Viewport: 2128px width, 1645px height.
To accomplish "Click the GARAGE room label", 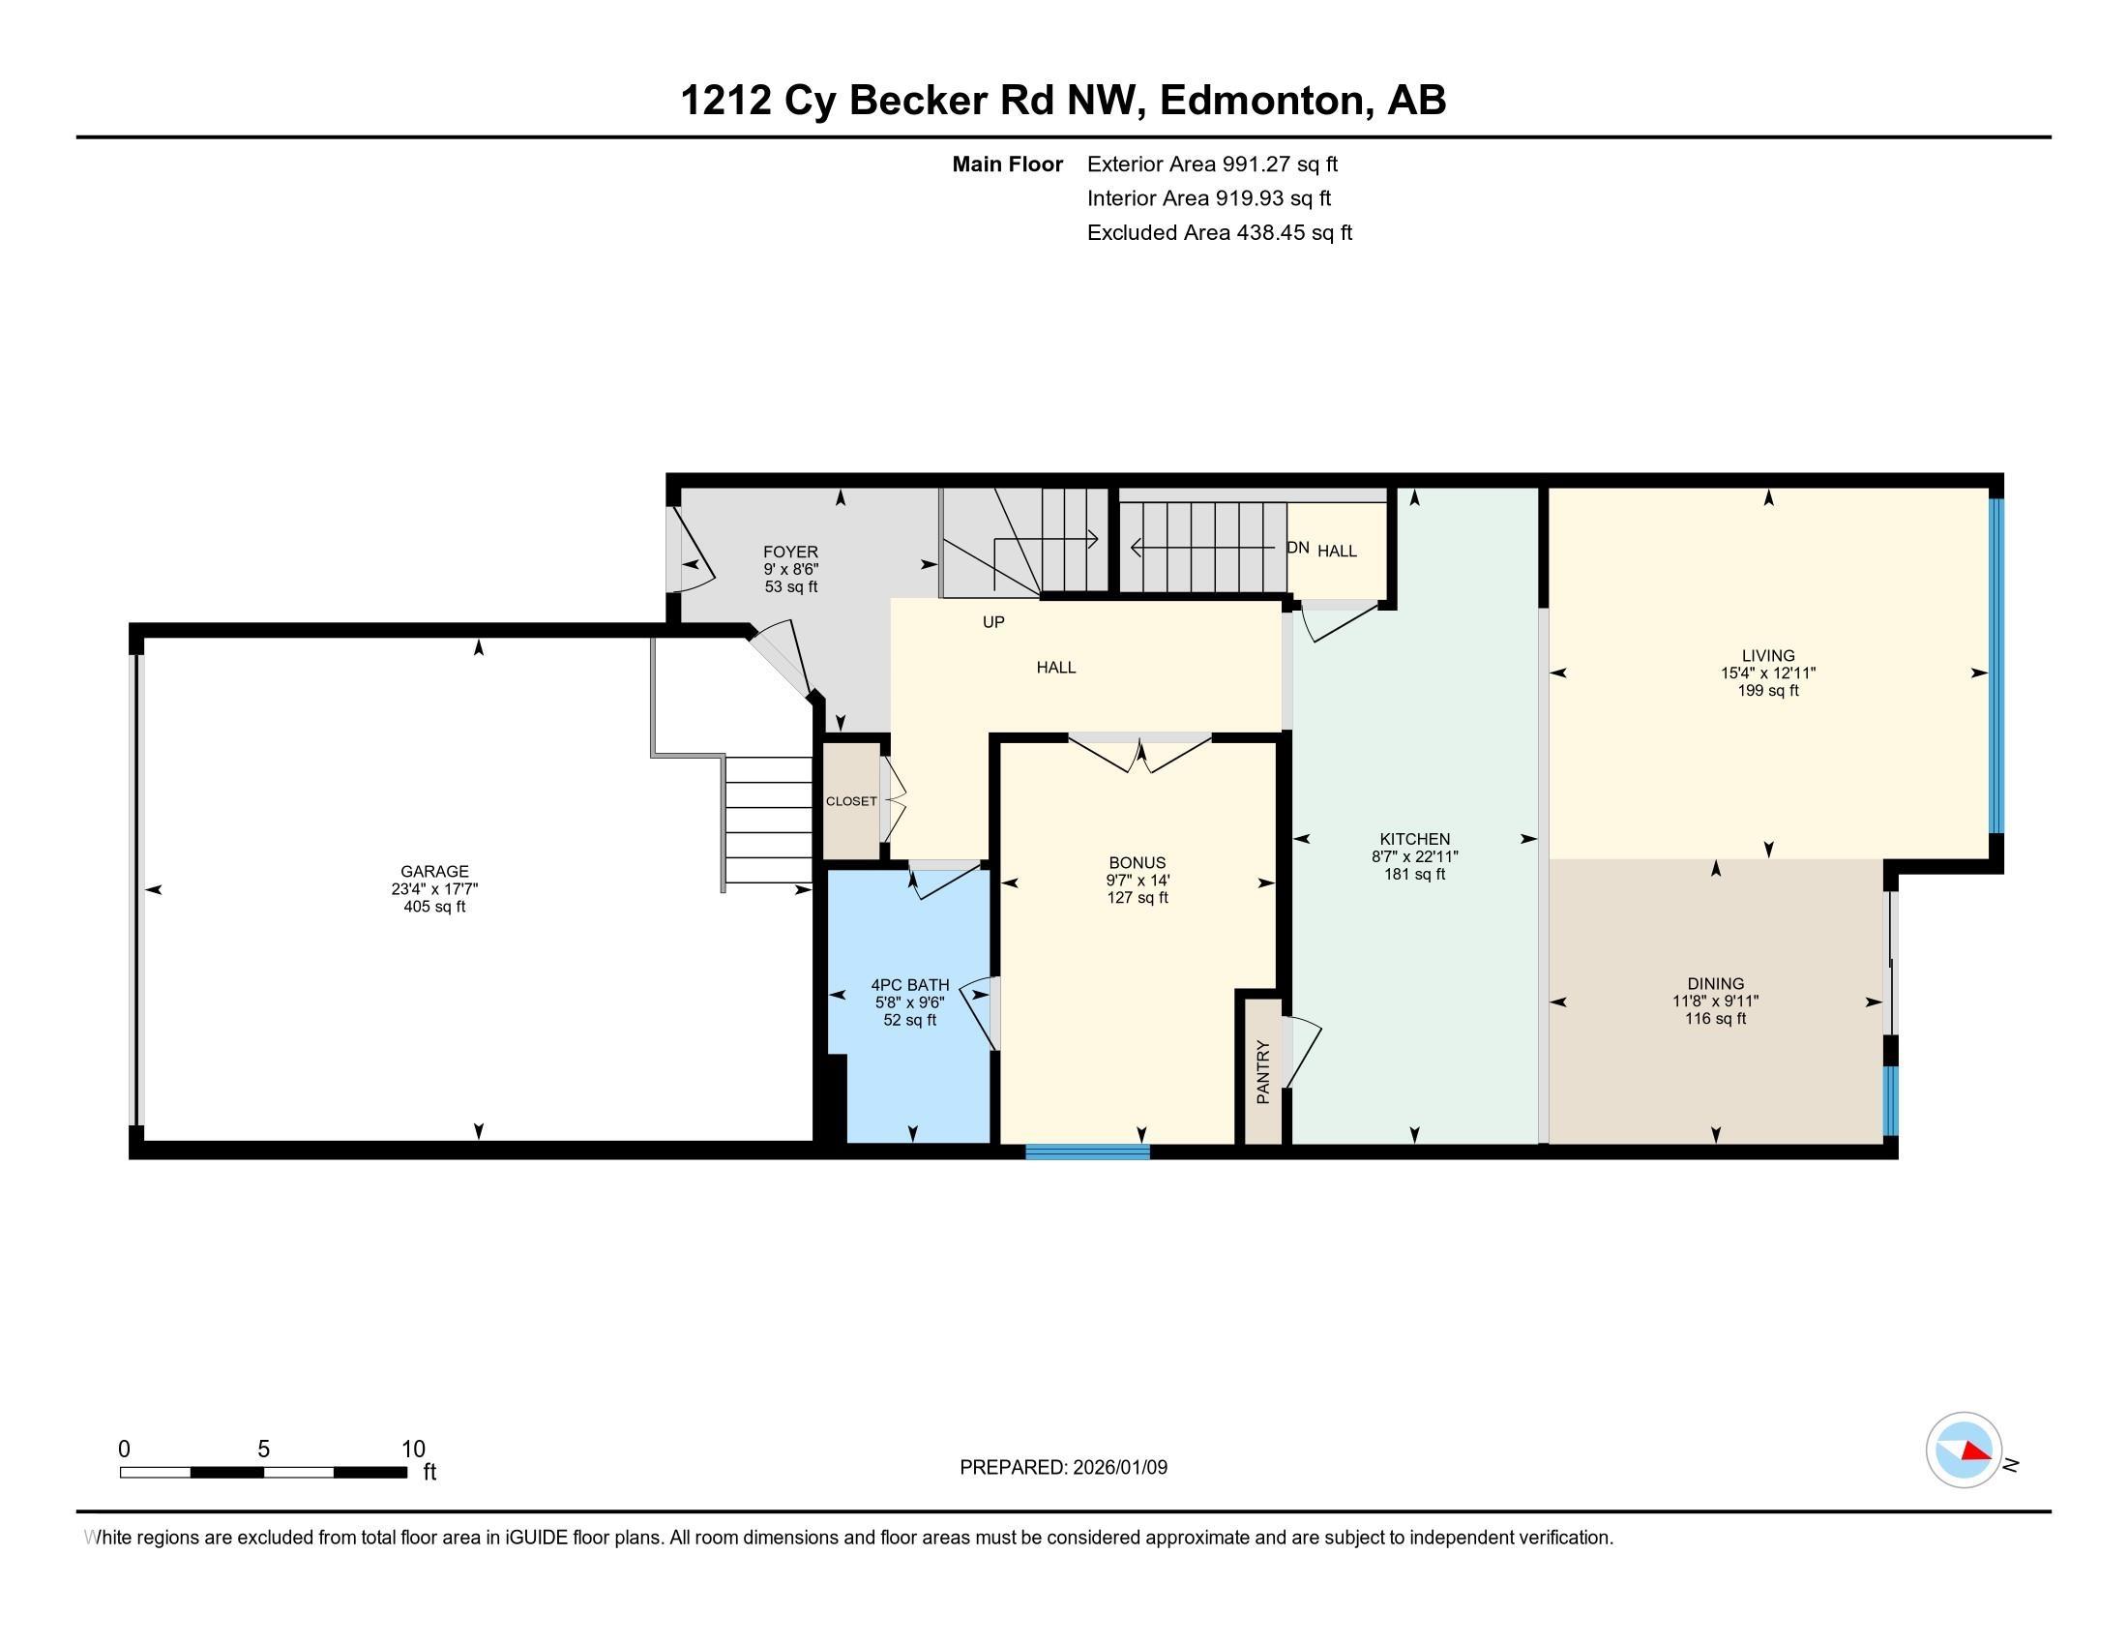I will pyautogui.click(x=434, y=871).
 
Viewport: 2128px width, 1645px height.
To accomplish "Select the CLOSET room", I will pyautogui.click(x=851, y=801).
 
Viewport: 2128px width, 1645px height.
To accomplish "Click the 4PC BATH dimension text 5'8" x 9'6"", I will pyautogui.click(x=909, y=1002).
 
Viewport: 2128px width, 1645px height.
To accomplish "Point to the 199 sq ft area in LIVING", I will pyautogui.click(x=1767, y=691).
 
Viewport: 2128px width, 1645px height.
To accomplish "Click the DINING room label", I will pyautogui.click(x=1715, y=983).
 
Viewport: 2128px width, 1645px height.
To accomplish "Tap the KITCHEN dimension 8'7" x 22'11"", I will pyautogui.click(x=1414, y=856).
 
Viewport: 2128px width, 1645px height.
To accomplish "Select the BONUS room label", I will pyautogui.click(x=1138, y=862).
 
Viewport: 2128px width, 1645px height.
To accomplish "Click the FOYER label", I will pyautogui.click(x=790, y=552).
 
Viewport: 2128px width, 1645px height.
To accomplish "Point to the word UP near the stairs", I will pyautogui.click(x=992, y=622).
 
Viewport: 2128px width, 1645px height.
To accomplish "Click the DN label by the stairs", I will pyautogui.click(x=1297, y=548).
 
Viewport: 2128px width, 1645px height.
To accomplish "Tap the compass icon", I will pyautogui.click(x=1964, y=1451).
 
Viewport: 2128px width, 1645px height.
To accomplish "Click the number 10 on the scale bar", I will pyautogui.click(x=413, y=1450).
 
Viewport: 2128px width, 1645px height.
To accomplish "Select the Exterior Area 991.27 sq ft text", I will pyautogui.click(x=1212, y=164).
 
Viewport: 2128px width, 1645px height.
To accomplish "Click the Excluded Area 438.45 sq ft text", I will pyautogui.click(x=1219, y=233).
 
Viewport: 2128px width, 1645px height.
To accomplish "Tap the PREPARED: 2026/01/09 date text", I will pyautogui.click(x=1063, y=1467).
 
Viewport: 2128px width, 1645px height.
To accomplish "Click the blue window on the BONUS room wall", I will pyautogui.click(x=1087, y=1151).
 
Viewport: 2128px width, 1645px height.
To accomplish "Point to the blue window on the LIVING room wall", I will pyautogui.click(x=1995, y=666).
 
